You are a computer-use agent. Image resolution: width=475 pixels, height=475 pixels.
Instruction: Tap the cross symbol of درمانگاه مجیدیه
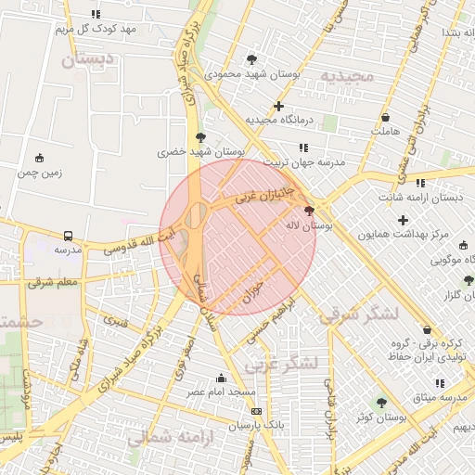coord(278,106)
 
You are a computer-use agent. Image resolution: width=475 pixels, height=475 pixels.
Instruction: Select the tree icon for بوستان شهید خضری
coord(200,137)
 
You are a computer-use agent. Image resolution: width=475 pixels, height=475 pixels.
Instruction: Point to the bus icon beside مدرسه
coord(68,236)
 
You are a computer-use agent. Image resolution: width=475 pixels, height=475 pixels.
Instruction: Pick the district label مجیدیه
coord(347,75)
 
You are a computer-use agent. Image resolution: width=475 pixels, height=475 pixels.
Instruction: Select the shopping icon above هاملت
coord(385,118)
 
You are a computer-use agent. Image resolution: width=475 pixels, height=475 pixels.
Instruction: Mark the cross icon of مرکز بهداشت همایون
coord(402,220)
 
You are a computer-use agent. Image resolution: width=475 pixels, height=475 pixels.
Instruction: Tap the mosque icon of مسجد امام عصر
coord(221,378)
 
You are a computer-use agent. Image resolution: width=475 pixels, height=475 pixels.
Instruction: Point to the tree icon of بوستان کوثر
coord(381,403)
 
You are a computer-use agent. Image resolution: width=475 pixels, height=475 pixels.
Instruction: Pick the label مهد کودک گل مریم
coord(96,29)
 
